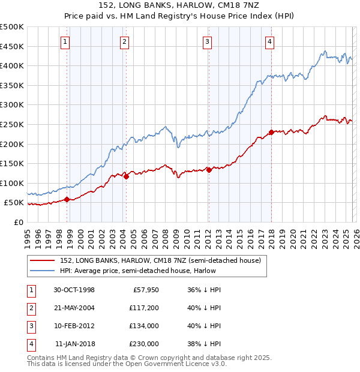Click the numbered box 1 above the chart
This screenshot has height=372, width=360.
[65, 41]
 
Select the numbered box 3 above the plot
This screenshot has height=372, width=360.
[207, 41]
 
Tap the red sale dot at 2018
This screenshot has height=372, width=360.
[271, 132]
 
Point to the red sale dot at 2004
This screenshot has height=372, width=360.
[127, 176]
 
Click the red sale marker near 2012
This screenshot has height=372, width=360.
[209, 170]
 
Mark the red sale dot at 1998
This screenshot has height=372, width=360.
[67, 200]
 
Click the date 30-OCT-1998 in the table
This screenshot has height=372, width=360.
[74, 290]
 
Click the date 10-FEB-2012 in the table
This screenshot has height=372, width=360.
[74, 326]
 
